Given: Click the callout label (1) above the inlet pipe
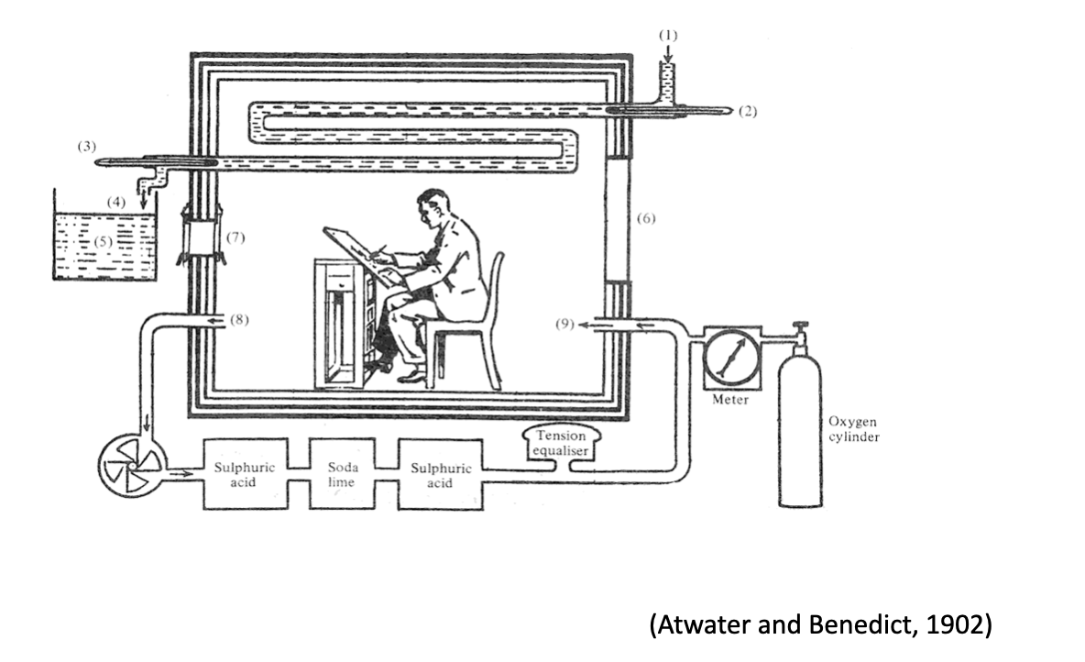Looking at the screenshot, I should click(x=669, y=35).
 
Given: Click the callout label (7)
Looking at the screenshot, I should click(x=236, y=237).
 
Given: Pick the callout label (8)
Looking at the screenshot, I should click(x=237, y=320).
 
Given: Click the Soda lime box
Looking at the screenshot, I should click(x=342, y=473).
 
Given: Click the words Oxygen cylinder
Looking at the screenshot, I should click(x=853, y=429).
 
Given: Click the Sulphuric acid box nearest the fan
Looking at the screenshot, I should click(x=245, y=473).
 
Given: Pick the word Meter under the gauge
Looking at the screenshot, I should click(x=731, y=401).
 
